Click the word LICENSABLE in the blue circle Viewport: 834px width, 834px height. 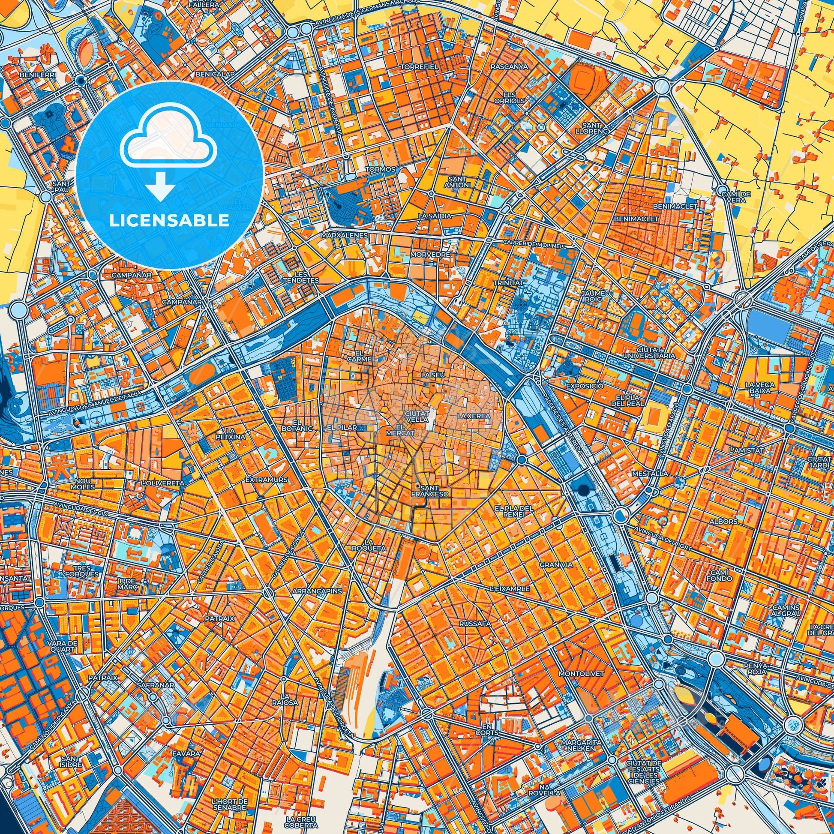[169, 221]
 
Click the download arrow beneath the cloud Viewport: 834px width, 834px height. [160, 187]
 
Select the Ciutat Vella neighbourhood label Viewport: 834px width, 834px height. [417, 416]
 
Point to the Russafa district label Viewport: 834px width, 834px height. [475, 623]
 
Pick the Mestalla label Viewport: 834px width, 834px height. [644, 473]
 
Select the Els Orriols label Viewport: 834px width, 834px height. [511, 97]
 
